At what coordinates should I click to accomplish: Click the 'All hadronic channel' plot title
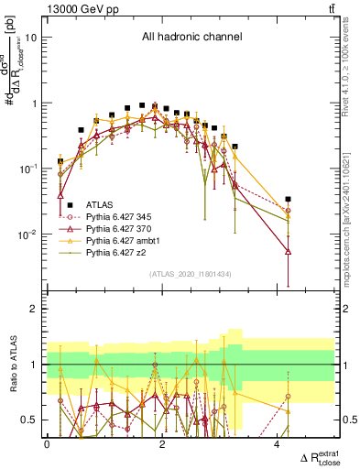pos(190,38)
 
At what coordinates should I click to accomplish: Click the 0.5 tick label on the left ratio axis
pos(32,420)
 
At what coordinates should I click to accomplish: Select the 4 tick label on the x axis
pos(278,444)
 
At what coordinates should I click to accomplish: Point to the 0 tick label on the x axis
pos(47,444)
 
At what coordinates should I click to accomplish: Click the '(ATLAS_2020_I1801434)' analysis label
pos(190,274)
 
